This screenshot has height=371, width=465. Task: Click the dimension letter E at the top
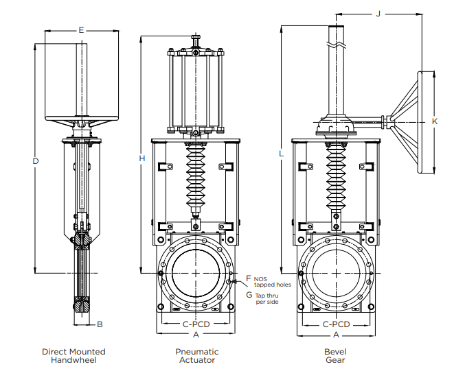[81, 30]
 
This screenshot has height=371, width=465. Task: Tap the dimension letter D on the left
[35, 160]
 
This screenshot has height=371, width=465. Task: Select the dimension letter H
[141, 158]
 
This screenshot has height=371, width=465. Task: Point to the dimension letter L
[282, 154]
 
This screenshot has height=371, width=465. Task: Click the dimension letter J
[378, 14]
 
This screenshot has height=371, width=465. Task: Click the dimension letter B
[100, 324]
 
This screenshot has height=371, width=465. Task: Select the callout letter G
[249, 294]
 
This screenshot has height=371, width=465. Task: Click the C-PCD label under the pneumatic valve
[196, 324]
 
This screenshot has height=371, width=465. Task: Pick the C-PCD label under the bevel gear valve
[336, 324]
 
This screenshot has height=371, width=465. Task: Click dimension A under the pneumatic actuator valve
[196, 335]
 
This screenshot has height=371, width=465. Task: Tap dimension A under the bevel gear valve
[336, 335]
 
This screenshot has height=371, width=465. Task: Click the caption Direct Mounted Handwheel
[73, 355]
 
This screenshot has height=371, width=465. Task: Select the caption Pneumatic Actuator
[196, 355]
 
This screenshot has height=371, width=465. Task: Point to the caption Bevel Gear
[335, 355]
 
